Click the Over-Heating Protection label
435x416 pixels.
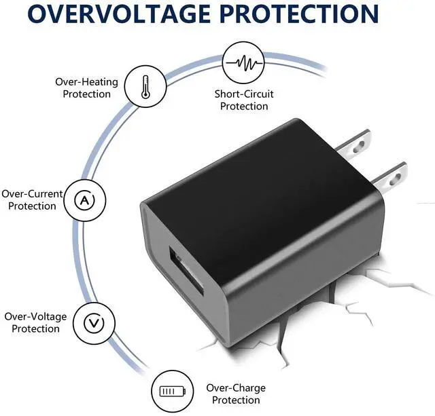86,88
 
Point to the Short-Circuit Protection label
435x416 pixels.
244,100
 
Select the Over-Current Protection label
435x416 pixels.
32,200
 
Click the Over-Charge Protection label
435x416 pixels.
235,394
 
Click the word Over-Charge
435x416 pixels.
236,388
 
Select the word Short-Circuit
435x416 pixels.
244,94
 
